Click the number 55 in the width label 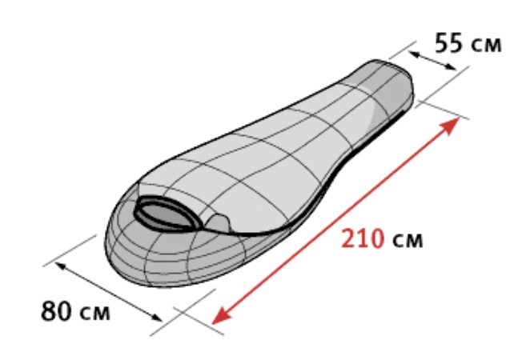point(449,42)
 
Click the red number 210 point(363,238)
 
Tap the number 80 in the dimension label point(56,310)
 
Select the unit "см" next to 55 point(487,45)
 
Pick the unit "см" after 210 point(408,240)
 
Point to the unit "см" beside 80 point(95,313)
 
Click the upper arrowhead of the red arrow point(450,126)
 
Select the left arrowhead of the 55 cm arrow point(415,54)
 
